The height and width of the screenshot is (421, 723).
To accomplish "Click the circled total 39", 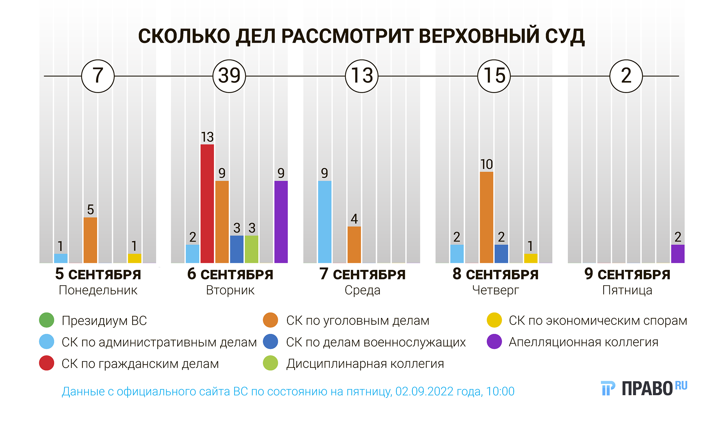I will point(229,76).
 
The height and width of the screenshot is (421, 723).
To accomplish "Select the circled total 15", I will point(494,76).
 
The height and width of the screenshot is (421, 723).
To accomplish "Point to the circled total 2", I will point(626,76).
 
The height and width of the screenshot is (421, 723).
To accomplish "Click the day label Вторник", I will point(230,290).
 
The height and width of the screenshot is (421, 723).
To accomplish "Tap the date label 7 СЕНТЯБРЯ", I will point(362,274).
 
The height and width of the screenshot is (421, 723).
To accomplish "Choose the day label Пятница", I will point(627,290).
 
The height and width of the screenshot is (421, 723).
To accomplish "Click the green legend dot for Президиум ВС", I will point(47,320).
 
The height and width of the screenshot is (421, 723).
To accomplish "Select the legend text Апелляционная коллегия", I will point(583,342).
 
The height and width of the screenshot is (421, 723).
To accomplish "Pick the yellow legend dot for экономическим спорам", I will point(494,320).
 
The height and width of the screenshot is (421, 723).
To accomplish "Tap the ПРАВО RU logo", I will point(644,388).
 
